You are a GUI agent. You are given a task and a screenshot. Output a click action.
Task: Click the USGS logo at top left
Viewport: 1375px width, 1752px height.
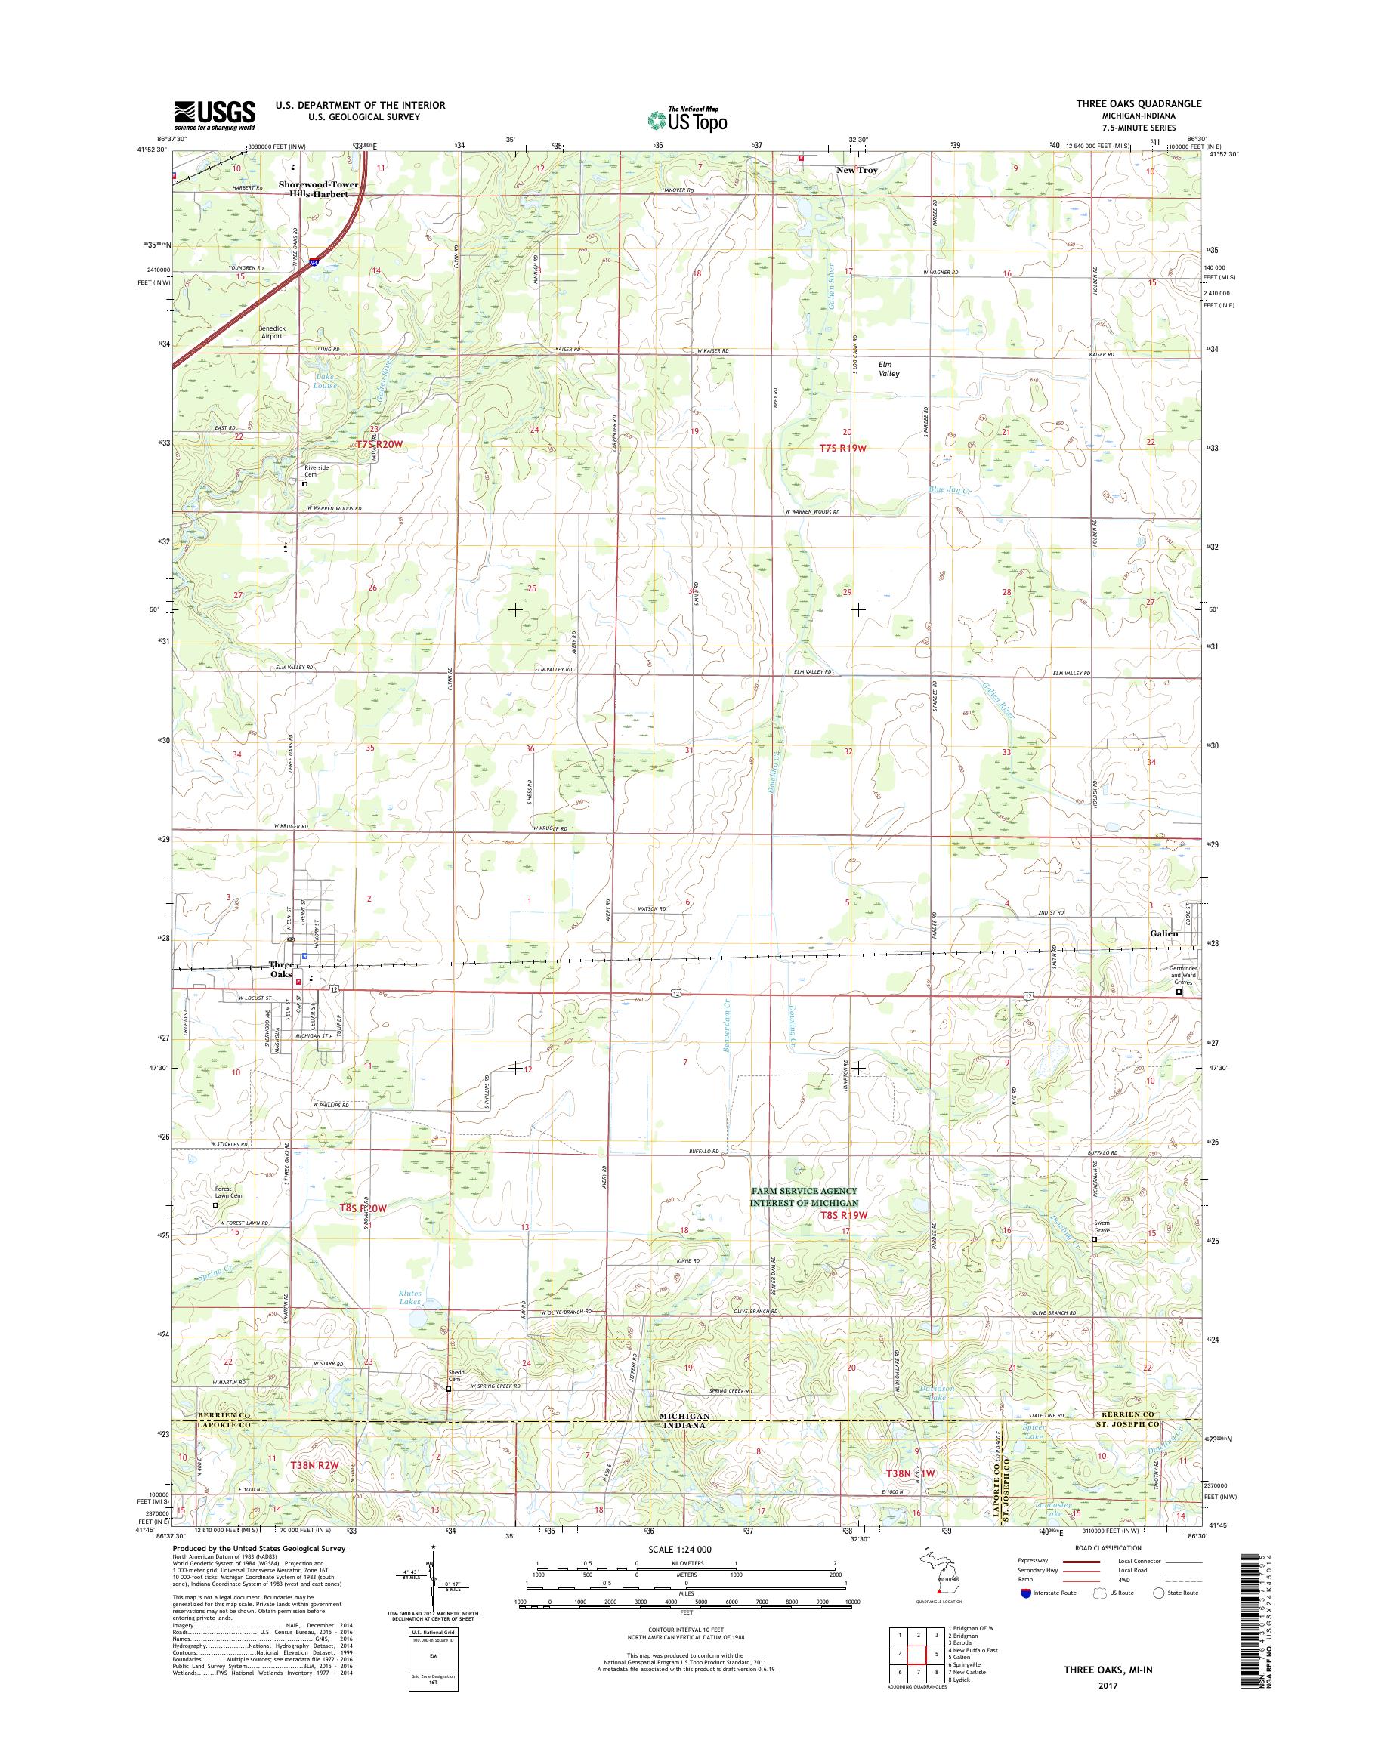215,116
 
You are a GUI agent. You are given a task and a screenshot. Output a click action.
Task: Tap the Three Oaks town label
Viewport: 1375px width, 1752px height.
281,970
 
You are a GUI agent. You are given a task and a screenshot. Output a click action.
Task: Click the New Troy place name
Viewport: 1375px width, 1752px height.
857,171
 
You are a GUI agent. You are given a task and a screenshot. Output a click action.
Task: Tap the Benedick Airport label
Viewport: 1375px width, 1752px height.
271,332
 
